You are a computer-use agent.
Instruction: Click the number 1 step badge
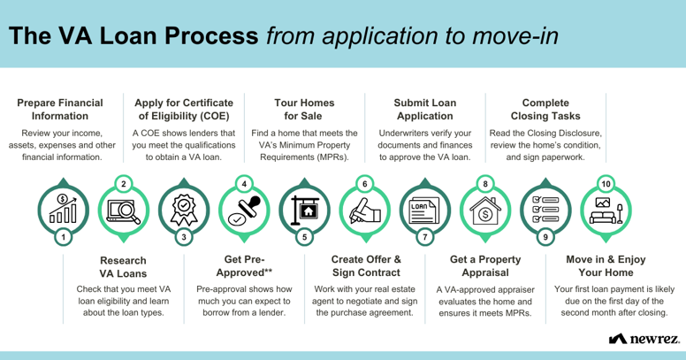[64, 237]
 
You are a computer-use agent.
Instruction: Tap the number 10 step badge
[606, 184]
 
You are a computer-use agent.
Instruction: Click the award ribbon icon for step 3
[184, 211]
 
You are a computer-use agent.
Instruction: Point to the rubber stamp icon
[244, 211]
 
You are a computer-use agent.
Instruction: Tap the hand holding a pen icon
[365, 211]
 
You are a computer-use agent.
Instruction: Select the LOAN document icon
[424, 211]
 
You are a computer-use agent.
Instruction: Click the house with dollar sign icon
[485, 211]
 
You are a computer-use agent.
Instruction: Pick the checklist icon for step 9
[545, 210]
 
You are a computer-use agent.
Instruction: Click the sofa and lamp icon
[606, 211]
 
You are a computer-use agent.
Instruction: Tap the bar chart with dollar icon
[64, 209]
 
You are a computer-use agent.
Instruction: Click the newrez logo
[644, 339]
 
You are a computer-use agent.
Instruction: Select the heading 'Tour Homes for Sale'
[304, 110]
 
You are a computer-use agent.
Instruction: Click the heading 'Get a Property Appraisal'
[485, 266]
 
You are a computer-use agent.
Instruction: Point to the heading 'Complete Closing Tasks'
[545, 110]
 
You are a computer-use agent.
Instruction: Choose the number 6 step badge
[365, 184]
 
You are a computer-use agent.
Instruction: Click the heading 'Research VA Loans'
[124, 267]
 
